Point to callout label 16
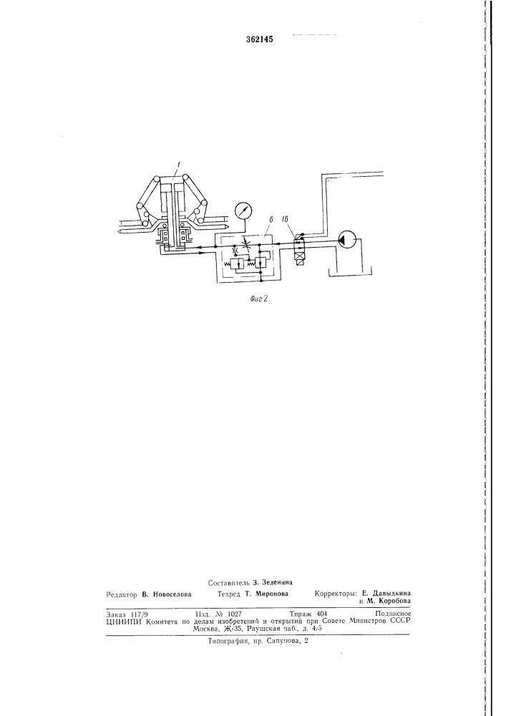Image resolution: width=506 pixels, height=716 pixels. point(285,220)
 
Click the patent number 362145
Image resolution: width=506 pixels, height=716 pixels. point(260,39)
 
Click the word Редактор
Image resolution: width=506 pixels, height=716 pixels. point(122,594)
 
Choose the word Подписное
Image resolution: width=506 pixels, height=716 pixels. point(393,614)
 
